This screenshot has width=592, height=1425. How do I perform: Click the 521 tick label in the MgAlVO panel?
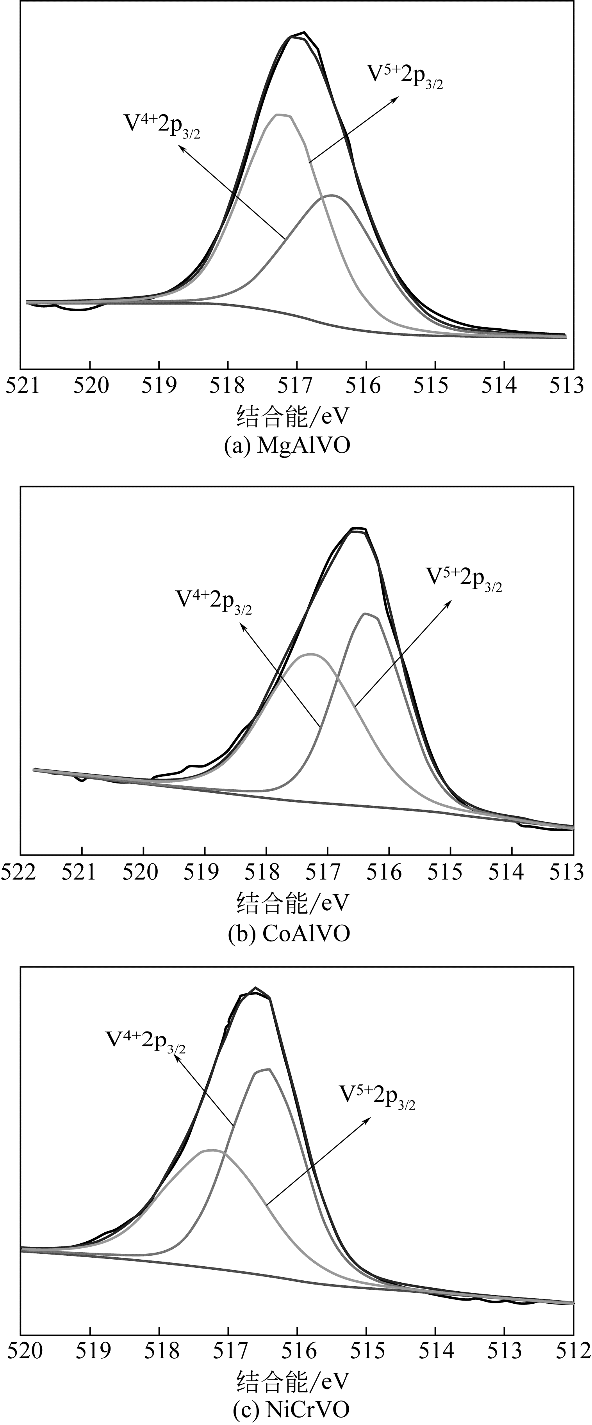click(20, 386)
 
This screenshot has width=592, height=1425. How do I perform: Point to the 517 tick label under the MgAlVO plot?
click(297, 386)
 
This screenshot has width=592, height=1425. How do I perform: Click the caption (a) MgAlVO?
click(287, 446)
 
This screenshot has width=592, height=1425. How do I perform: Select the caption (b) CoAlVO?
click(289, 933)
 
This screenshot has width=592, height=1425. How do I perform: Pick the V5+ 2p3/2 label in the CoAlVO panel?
click(464, 579)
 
